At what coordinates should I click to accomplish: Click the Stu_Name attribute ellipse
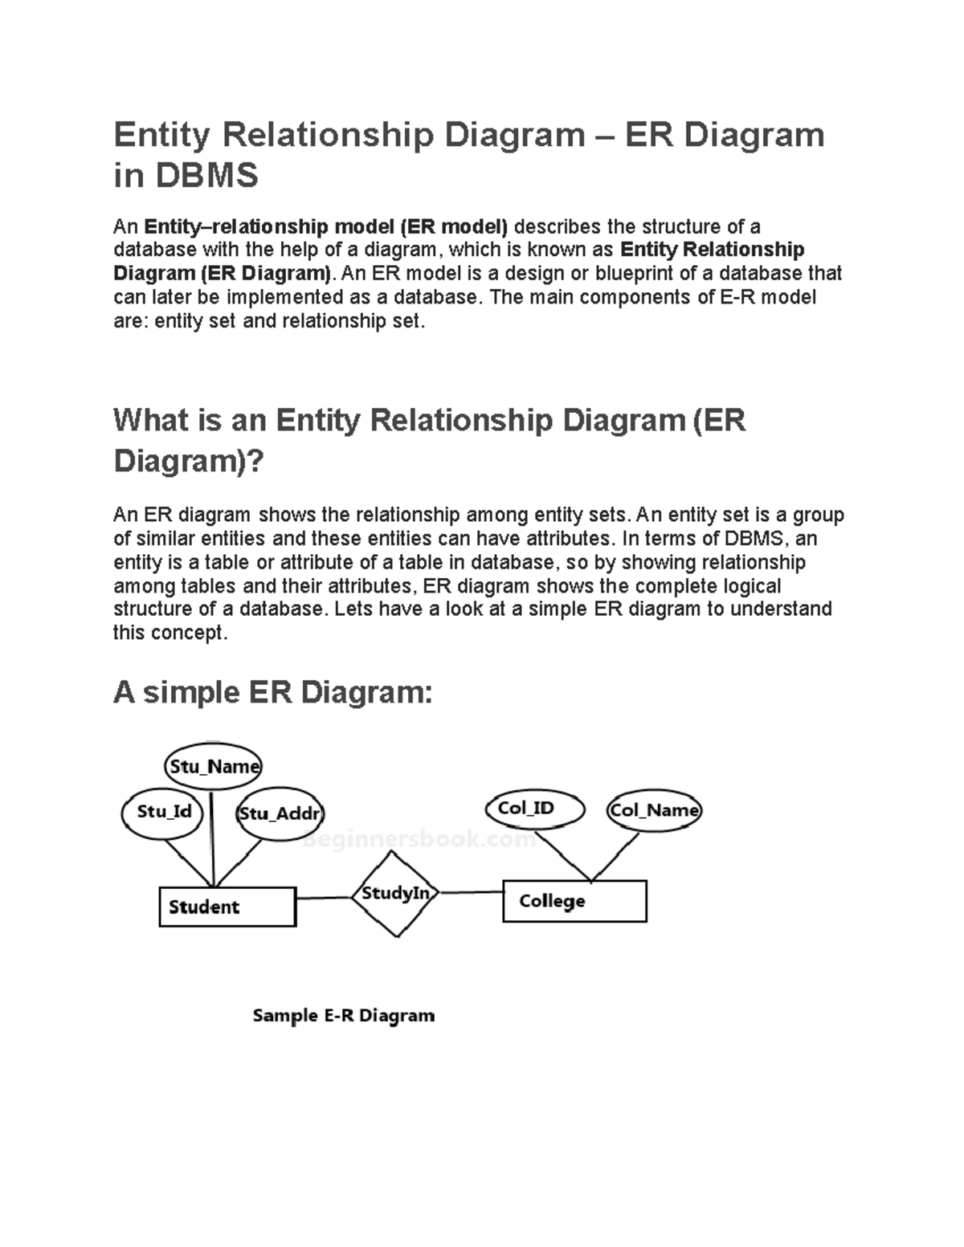pyautogui.click(x=213, y=766)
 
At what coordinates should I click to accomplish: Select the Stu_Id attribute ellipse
pyautogui.click(x=164, y=812)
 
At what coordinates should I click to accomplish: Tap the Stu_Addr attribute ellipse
pyautogui.click(x=279, y=813)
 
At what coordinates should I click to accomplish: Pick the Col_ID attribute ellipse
pyautogui.click(x=534, y=809)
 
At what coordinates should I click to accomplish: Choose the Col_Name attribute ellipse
pyautogui.click(x=654, y=810)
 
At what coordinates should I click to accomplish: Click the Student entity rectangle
pyautogui.click(x=227, y=907)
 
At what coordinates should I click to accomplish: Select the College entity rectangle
pyautogui.click(x=574, y=901)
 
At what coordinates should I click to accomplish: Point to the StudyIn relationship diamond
pyautogui.click(x=395, y=894)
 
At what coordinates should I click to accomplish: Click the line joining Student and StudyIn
pyautogui.click(x=324, y=898)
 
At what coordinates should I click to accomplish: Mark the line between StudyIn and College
pyautogui.click(x=471, y=892)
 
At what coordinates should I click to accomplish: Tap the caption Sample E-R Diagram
pyautogui.click(x=343, y=1016)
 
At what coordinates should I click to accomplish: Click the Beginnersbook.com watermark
pyautogui.click(x=419, y=840)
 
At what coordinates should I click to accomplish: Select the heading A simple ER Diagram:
pyautogui.click(x=273, y=692)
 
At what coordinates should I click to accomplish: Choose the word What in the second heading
pyautogui.click(x=149, y=421)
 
